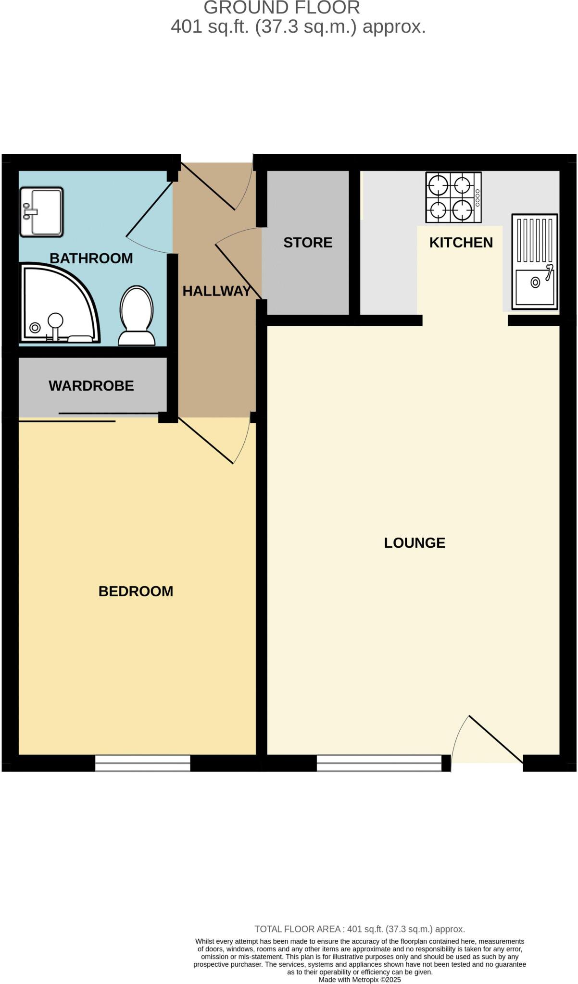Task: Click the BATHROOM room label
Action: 91,258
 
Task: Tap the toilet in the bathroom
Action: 137,315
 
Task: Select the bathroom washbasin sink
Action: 41,211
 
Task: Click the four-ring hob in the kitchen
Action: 453,197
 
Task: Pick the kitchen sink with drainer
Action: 534,261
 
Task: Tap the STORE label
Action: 308,243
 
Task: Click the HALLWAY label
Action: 216,291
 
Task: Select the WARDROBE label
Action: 91,386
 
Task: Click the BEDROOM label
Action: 136,591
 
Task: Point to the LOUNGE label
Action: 415,543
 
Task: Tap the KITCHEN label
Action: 461,243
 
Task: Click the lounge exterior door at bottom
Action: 496,739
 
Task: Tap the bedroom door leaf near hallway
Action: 206,441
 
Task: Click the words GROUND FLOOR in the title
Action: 282,8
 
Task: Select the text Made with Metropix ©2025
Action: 359,980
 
